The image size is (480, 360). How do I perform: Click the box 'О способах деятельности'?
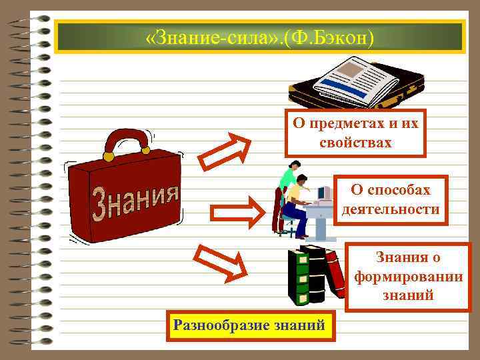click(x=391, y=200)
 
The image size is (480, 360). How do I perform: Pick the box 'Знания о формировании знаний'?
click(x=408, y=277)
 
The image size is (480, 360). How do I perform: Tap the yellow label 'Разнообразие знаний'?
click(x=249, y=326)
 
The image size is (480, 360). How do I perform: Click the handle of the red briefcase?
click(x=127, y=141)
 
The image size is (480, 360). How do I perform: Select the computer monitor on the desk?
click(x=323, y=193)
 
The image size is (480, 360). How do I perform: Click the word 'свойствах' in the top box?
click(x=355, y=143)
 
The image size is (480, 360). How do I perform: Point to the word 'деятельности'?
click(x=391, y=209)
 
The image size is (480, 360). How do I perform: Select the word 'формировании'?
click(x=408, y=277)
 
